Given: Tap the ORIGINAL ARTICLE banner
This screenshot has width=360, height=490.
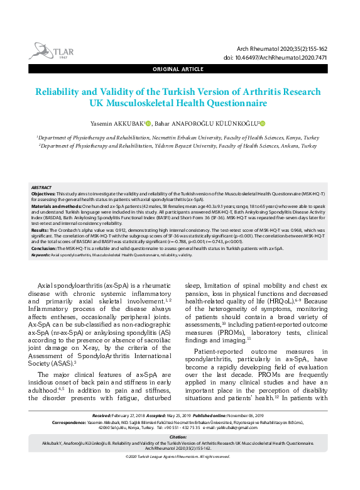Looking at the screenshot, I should (x=179, y=68).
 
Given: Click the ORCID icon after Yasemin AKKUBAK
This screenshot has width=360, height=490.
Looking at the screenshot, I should (x=148, y=123).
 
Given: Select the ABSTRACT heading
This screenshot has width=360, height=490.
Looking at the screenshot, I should (x=41, y=188).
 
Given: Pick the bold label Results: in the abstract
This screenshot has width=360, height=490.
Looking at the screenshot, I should (x=40, y=231).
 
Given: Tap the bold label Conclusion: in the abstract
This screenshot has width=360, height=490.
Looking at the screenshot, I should (x=45, y=248).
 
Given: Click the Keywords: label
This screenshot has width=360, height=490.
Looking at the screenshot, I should (x=40, y=255).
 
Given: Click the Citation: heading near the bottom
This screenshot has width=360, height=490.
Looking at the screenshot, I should (x=179, y=437).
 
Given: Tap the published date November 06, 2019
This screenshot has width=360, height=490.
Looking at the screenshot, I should (x=244, y=416).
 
